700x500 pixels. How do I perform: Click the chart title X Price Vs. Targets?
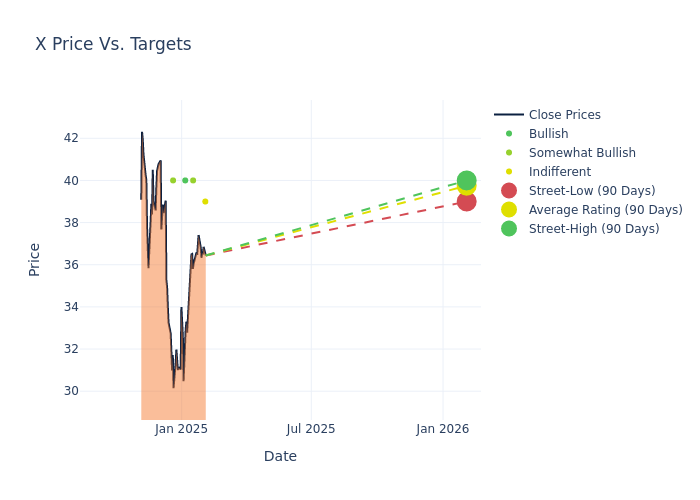pyautogui.click(x=113, y=45)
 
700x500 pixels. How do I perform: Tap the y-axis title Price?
pyautogui.click(x=35, y=259)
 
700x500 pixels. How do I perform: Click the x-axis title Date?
pyautogui.click(x=280, y=457)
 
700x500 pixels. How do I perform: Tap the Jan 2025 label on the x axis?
pyautogui.click(x=181, y=429)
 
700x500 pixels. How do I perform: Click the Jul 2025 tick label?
pyautogui.click(x=311, y=429)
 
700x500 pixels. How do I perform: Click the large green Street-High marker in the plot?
pyautogui.click(x=466, y=181)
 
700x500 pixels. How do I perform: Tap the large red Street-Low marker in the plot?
pyautogui.click(x=466, y=202)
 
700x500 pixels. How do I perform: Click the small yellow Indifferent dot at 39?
pyautogui.click(x=205, y=202)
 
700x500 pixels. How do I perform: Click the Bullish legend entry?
pyautogui.click(x=548, y=134)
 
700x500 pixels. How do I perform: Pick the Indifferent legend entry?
pyautogui.click(x=559, y=172)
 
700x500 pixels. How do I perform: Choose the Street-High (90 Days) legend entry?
pyautogui.click(x=594, y=229)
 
